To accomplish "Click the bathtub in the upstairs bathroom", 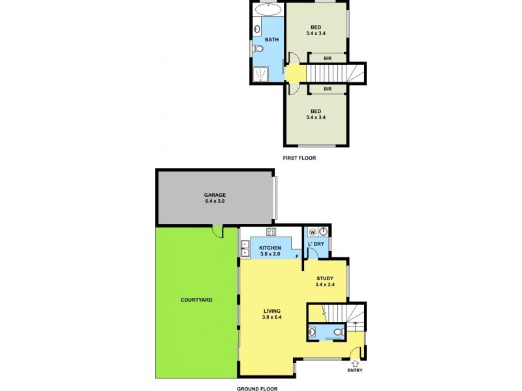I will click(268, 10).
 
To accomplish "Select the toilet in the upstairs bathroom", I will click(259, 50).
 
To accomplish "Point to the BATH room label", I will click(271, 40).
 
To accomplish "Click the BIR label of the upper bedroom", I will click(327, 59).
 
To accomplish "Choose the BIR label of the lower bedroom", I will click(327, 89).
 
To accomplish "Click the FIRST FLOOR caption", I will click(298, 158).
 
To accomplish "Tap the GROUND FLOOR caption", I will click(258, 388).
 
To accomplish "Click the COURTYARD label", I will click(196, 300).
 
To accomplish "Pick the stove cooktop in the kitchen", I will click(271, 232).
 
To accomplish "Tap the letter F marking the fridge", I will click(297, 256).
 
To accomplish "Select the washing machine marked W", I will click(312, 231).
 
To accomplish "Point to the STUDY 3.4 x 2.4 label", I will click(324, 282).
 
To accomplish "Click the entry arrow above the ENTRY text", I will click(355, 355).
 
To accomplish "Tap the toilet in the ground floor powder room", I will click(337, 332).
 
